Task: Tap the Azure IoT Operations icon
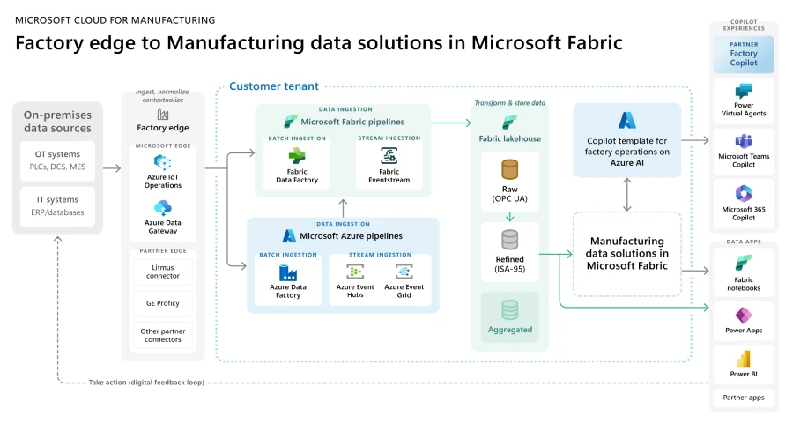[163, 162]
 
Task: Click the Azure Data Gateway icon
[163, 208]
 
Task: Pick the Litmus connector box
[163, 272]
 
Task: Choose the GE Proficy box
[163, 303]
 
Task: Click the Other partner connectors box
[163, 335]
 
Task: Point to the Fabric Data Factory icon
[296, 155]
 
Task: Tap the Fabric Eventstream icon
[389, 156]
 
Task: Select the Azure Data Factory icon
[288, 272]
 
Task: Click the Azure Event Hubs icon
[355, 272]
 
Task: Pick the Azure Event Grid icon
[404, 272]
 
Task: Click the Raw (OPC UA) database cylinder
[509, 169]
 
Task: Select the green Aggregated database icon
[509, 310]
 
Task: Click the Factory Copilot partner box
[744, 54]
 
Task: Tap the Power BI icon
[744, 360]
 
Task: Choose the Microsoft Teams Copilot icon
[744, 141]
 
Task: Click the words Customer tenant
[274, 86]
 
